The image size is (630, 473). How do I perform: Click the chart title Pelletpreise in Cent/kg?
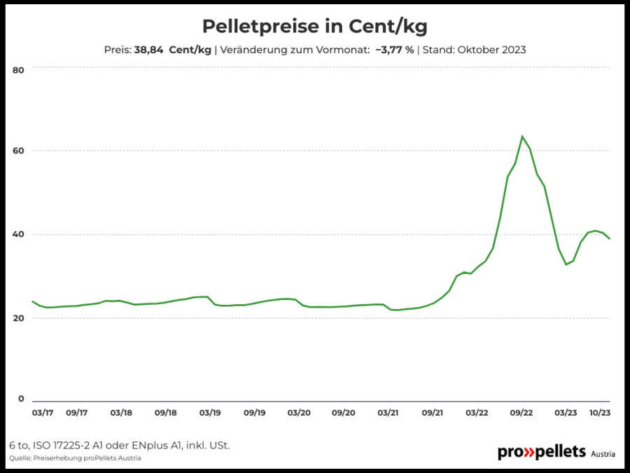coord(314,27)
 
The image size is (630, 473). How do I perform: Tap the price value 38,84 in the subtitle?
coord(148,50)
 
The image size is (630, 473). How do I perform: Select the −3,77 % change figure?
coord(395,50)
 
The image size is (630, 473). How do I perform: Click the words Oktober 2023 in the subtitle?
coord(492,50)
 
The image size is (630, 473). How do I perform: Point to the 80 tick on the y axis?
coord(18,70)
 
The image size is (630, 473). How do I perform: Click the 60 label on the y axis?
coord(18,151)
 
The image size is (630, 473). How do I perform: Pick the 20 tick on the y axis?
coord(18,318)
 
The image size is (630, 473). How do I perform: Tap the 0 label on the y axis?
coord(21,399)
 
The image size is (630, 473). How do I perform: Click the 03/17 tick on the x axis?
coord(43,413)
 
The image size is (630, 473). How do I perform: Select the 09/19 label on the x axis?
coord(254,413)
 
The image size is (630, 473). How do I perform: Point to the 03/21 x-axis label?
coord(388,413)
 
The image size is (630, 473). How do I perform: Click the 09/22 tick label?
coord(521,413)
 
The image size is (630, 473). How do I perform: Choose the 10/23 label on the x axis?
coord(600,413)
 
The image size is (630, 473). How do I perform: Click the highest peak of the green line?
coord(522,137)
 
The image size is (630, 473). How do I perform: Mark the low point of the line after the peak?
coord(566,264)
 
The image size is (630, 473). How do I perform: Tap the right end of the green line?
coord(610,239)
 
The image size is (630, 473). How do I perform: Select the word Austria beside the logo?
coord(603,454)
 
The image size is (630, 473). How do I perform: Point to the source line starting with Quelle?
coord(75,458)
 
